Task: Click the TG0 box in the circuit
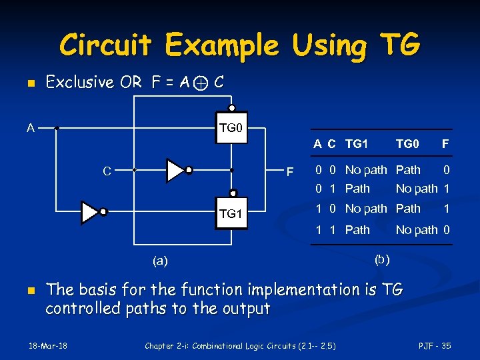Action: tap(229, 127)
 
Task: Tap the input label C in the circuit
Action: tap(107, 171)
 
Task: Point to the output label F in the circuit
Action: tap(289, 173)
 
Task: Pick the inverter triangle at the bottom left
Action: tap(90, 212)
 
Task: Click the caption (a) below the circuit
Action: tap(160, 261)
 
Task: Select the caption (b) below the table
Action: tap(382, 258)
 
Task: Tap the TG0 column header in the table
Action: tap(407, 143)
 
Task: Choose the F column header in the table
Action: tap(445, 143)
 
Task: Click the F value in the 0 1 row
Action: tap(447, 189)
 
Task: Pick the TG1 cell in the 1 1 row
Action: tap(357, 230)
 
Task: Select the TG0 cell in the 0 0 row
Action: tap(408, 169)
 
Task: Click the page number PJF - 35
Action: tap(435, 345)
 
